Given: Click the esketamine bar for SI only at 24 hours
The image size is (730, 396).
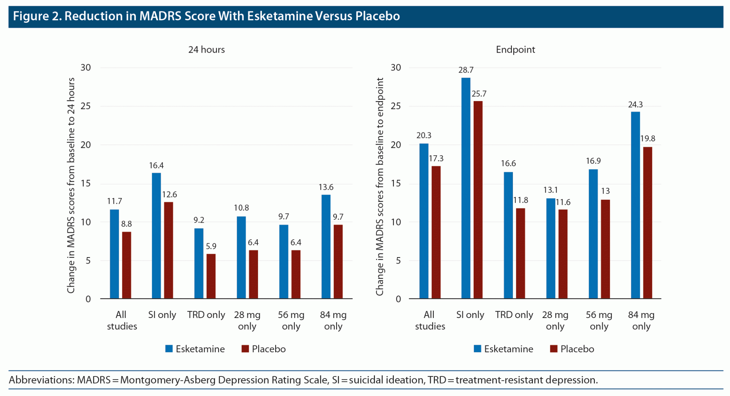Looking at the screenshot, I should point(156,235).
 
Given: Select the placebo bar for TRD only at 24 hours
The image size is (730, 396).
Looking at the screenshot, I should point(211,276).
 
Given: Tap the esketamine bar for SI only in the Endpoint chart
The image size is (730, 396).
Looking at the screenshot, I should point(466,188).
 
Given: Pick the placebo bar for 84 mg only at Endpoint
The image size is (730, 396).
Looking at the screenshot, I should point(647,223).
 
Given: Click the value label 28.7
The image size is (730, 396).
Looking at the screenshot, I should point(466,70).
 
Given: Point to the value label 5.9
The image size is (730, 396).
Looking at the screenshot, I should point(211,246).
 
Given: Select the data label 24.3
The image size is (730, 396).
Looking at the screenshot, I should point(635,105).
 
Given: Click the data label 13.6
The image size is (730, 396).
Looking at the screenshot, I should point(326,187).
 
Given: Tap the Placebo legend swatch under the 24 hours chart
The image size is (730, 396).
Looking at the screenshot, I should point(245,349).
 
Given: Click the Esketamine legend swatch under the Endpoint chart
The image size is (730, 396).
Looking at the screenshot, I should point(477,349).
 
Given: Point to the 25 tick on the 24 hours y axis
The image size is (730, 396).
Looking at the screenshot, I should point(86,106).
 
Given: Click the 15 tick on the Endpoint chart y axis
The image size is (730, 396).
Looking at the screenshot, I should point(396,183).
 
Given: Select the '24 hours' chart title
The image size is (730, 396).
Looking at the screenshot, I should point(206,49).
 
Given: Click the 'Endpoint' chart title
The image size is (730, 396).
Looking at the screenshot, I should point(515,49).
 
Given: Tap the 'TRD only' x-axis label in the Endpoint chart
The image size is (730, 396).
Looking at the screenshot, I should point(514,315).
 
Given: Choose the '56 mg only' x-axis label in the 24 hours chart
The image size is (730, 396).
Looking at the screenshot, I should point(291,320).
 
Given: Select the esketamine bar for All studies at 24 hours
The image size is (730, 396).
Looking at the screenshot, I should point(114,254).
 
